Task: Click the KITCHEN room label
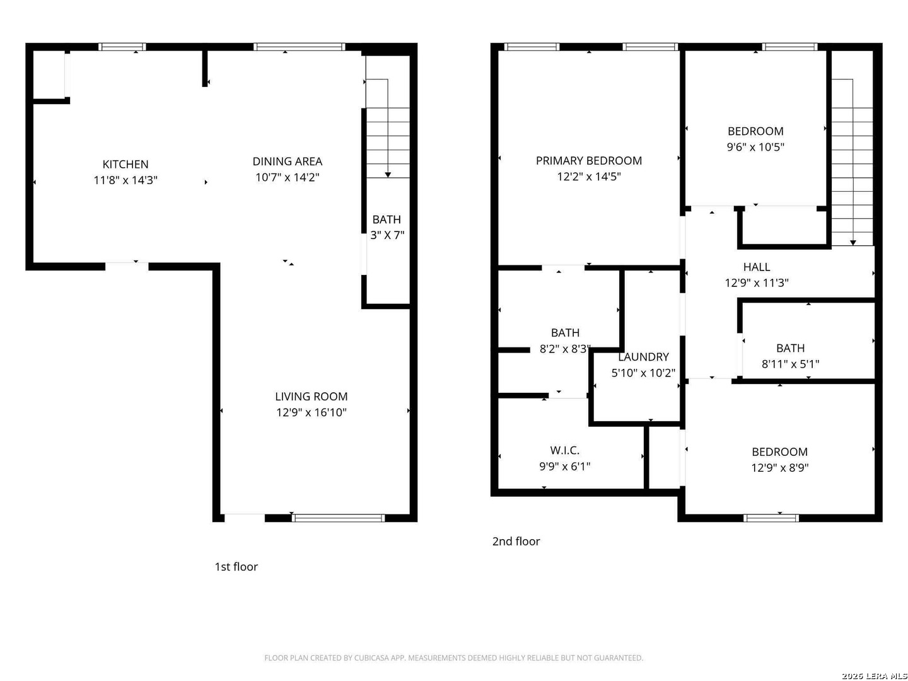coord(125,164)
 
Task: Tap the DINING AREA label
coord(287,161)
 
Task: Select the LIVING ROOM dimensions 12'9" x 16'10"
coord(311,412)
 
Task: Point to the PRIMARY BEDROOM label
coord(589,160)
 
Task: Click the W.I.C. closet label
coord(564,450)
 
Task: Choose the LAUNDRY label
coord(643,357)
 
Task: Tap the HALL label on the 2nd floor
coord(757,267)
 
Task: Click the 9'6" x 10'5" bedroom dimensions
coord(755,147)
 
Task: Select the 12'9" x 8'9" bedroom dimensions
coord(780,468)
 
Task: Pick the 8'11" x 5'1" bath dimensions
coord(790,364)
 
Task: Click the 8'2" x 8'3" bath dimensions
coord(564,349)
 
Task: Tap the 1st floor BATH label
coord(387,219)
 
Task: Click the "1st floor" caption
coord(236,566)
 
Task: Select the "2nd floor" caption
coord(516,541)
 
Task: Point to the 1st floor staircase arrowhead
coord(388,175)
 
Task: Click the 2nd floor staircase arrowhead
coord(853,243)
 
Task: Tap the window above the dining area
coord(299,47)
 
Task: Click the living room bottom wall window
coord(338,518)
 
